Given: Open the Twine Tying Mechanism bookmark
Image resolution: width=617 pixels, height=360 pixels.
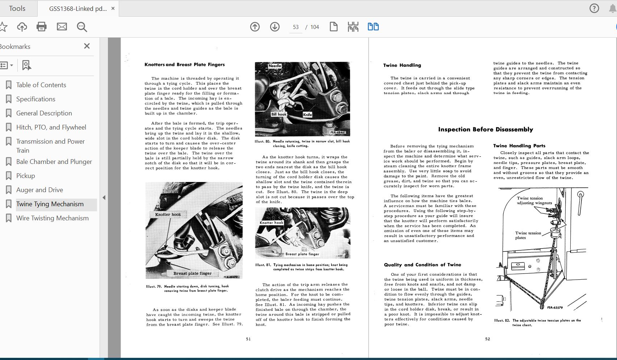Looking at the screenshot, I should coord(50,204).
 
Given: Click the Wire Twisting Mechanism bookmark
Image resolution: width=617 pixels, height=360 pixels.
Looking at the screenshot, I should coord(52,218).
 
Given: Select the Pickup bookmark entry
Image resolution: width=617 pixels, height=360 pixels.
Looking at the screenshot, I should coord(25,176).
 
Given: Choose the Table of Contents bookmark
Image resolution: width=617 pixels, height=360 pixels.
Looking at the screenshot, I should coord(41,85).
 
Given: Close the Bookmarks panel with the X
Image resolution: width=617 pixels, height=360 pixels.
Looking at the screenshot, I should coord(87,46).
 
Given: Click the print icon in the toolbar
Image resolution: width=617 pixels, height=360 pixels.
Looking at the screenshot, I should coord(42,27).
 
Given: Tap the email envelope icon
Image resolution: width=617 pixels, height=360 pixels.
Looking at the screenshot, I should coord(62,27).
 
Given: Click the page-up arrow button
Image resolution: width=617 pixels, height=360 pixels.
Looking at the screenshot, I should coord(255,27).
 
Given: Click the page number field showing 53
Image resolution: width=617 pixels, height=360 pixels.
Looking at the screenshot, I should coord(296,27).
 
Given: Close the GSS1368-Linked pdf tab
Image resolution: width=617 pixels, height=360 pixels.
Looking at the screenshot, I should coord(113,8).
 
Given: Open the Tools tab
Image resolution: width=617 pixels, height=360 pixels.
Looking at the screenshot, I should coord(17,8).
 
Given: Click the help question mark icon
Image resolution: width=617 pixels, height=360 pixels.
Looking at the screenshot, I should coord(594,8).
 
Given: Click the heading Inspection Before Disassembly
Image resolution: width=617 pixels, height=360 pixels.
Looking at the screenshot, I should coord(486,130).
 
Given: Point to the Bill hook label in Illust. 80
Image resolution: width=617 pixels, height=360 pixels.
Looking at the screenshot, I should coord(279,114).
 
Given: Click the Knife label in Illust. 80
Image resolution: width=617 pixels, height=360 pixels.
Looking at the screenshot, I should coord(307,115).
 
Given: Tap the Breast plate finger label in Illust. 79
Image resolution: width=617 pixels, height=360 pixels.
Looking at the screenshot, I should coord(192,273).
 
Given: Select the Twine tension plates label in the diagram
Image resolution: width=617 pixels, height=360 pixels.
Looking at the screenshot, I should coord(528,235).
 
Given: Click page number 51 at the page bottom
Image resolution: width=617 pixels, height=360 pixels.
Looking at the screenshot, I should coord(248,339).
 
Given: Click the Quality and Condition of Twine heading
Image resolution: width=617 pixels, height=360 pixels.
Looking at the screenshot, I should coord(423,265).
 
